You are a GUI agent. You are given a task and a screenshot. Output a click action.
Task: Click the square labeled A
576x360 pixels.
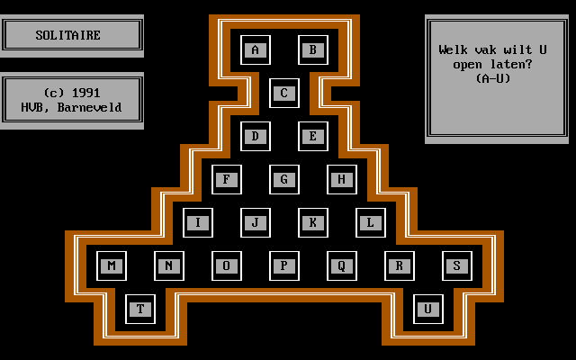coord(256,49)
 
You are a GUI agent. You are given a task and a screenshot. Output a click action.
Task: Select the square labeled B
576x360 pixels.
coord(313,49)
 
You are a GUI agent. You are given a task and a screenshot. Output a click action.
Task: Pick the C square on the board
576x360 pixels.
coord(284,93)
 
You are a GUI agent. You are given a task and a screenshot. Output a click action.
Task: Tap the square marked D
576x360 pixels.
coord(256,136)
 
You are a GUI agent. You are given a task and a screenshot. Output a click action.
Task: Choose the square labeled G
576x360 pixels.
coord(284,179)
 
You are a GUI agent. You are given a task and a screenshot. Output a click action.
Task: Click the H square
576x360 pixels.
coord(342,179)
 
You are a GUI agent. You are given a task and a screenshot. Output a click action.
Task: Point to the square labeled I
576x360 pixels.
coord(198,222)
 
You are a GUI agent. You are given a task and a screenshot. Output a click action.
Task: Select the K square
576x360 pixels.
coord(313,222)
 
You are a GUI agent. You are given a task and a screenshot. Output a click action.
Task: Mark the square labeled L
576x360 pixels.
coord(371,222)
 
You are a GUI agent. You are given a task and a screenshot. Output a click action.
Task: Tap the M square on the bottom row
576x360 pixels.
coord(112,265)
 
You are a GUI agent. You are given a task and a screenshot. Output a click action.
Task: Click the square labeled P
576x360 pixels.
coord(284,265)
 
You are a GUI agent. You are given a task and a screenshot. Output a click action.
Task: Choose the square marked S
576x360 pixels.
coord(457,265)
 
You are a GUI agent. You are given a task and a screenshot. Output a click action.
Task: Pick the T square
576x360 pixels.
coord(140,309)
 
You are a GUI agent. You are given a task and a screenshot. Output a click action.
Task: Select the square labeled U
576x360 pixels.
coord(428,309)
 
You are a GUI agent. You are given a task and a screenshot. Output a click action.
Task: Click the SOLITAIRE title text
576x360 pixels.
coord(68,36)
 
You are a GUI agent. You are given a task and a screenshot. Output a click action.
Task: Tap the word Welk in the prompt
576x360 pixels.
coord(454,50)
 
